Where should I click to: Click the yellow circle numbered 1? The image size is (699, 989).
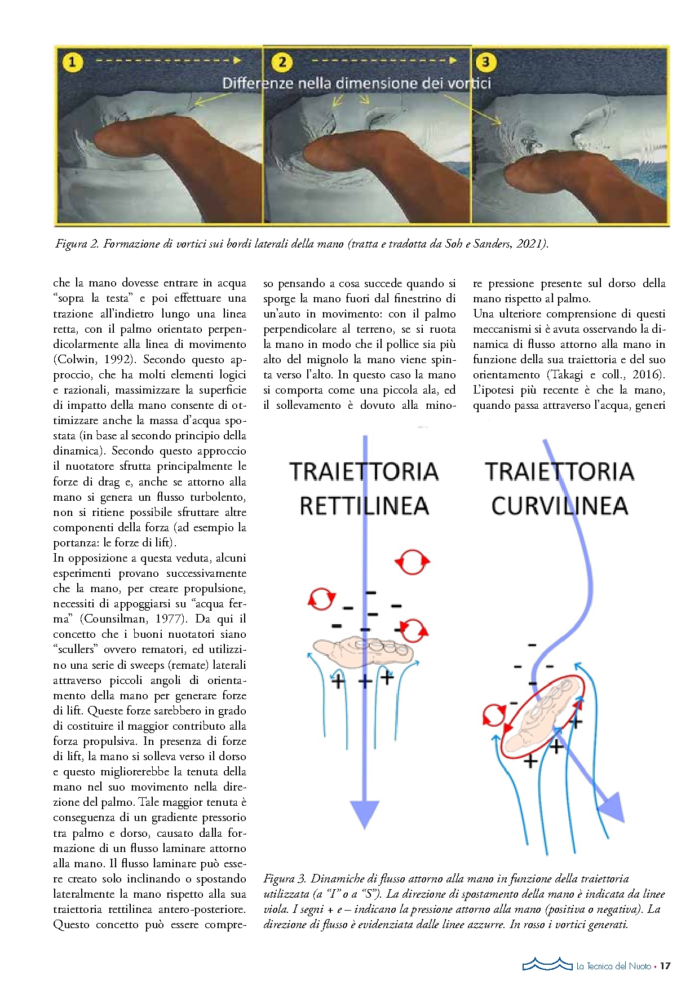(72, 62)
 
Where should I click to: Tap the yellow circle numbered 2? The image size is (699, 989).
(282, 61)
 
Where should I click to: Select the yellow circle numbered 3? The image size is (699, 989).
(485, 61)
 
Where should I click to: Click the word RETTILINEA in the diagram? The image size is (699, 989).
(364, 506)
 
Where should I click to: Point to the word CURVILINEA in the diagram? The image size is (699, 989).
(559, 506)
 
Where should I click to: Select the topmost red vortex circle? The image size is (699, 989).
(412, 562)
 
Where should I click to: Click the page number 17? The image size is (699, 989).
(665, 966)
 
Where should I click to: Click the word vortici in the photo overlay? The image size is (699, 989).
(469, 83)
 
